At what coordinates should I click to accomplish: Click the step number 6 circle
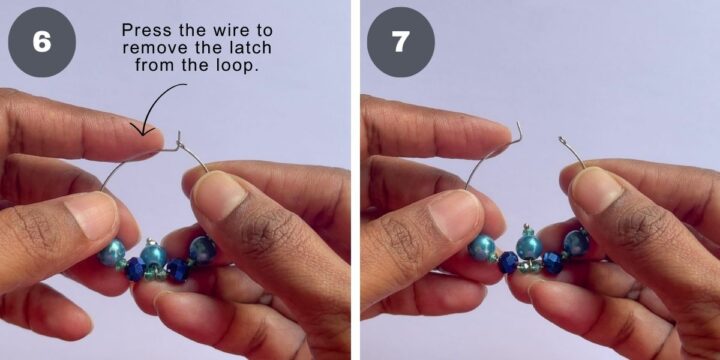coord(42,42)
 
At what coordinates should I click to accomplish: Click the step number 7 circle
coord(401,42)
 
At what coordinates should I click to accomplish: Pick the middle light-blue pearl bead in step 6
coord(153,256)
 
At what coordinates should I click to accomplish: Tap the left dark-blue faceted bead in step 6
coord(134,268)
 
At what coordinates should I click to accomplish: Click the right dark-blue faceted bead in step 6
coord(177,270)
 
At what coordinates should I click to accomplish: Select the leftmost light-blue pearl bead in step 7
coord(482,248)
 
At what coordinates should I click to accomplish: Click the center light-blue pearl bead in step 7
coord(529,246)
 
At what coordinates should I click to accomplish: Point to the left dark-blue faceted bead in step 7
coord(508,262)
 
